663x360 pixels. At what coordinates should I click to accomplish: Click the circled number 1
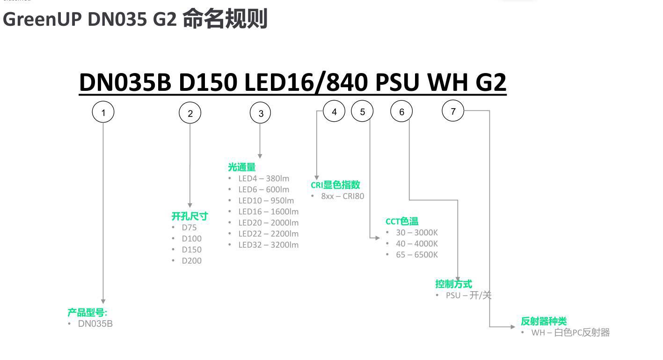click(103, 112)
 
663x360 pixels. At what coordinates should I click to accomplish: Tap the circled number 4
click(334, 111)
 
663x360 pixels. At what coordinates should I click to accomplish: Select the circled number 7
click(453, 111)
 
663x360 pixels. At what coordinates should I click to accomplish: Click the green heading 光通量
click(242, 167)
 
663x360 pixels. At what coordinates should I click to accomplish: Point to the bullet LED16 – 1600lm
click(268, 212)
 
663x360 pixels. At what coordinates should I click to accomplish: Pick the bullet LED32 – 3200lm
click(268, 245)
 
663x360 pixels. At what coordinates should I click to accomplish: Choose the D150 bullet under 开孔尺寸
click(192, 250)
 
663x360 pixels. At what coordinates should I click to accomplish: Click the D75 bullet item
click(189, 228)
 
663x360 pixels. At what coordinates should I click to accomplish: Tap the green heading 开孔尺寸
click(189, 216)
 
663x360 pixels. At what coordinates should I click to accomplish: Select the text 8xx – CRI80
click(342, 196)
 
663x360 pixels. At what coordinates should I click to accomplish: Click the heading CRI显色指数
click(335, 185)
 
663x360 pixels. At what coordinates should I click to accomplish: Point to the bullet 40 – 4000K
click(417, 243)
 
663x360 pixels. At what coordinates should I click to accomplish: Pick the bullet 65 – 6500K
click(417, 255)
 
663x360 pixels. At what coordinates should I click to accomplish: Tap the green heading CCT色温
click(402, 221)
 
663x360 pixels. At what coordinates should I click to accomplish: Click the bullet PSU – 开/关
click(468, 295)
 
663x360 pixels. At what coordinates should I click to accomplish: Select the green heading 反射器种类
click(544, 321)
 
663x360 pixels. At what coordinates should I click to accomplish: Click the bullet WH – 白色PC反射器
click(570, 333)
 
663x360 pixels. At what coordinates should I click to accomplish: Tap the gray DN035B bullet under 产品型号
click(95, 323)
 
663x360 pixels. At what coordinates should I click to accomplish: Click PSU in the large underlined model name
click(398, 82)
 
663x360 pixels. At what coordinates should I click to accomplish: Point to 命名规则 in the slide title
click(225, 19)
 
